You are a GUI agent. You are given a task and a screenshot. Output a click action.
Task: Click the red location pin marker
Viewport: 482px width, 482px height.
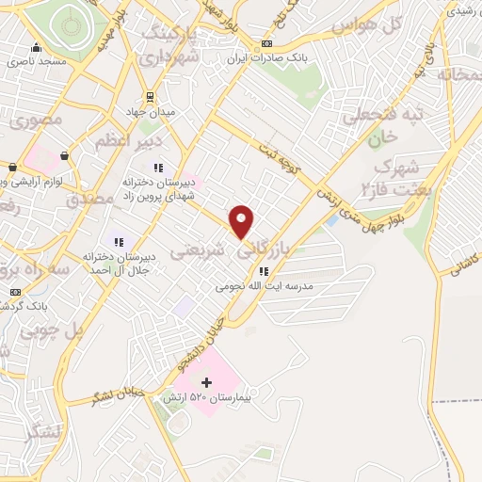pos(242,220)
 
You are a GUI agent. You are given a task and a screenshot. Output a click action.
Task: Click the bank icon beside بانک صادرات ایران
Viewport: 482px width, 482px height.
pos(267,44)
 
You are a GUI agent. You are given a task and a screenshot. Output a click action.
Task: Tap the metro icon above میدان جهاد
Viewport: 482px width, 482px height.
pos(149,96)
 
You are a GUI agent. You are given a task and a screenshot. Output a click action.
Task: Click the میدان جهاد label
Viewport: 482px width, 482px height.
pos(149,112)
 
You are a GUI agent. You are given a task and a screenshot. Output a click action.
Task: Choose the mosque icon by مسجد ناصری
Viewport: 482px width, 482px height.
pos(36,48)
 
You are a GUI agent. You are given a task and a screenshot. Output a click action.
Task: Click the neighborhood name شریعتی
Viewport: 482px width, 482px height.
pos(201,248)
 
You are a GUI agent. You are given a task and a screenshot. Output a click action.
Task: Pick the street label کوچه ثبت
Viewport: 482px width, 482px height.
pos(281,157)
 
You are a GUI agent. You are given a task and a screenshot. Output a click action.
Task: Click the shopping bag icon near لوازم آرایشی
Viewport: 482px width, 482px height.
pos(64,154)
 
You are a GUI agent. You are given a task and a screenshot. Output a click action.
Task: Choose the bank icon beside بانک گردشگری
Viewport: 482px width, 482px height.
pos(14,292)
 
